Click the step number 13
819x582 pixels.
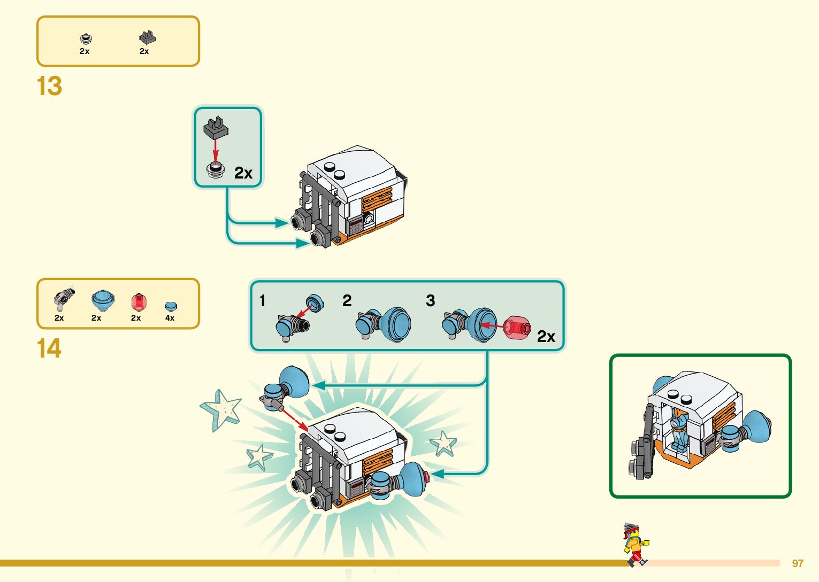click(49, 86)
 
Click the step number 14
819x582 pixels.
click(49, 348)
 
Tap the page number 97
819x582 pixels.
click(798, 563)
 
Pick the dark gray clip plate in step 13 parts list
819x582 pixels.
click(147, 37)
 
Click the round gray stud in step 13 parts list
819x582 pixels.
click(86, 38)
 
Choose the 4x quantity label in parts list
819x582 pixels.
click(170, 318)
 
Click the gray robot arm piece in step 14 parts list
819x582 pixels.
click(64, 299)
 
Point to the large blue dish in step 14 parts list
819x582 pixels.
click(102, 301)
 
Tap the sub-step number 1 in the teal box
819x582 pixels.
click(263, 301)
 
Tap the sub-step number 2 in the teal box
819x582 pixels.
click(347, 301)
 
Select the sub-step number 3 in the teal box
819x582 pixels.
click(430, 301)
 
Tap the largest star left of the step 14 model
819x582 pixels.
click(220, 409)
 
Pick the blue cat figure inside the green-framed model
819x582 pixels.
click(679, 430)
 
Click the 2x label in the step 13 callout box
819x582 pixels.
click(243, 173)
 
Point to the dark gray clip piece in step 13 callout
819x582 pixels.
click(216, 127)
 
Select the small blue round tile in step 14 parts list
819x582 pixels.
click(171, 306)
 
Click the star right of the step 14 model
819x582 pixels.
click(443, 443)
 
